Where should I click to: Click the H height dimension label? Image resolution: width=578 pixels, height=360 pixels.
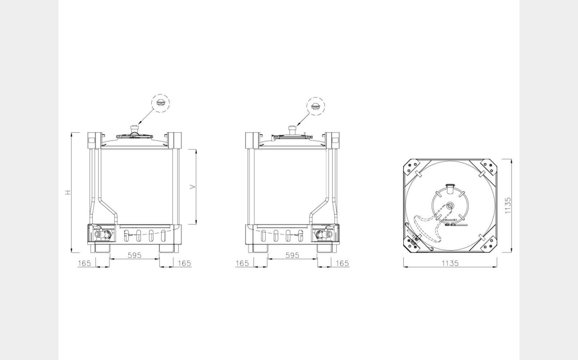pos(68,192)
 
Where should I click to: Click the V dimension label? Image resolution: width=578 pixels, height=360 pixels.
pos(193,187)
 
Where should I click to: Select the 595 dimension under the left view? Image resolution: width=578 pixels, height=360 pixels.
pos(135,255)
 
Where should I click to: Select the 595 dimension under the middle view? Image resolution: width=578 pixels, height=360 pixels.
pos(292,255)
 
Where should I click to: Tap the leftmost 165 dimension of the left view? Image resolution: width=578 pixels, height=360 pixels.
pos(84,263)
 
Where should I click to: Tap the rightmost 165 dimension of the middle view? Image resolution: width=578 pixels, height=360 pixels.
pos(342,263)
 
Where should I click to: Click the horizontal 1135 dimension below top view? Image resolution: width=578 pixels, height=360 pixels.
pos(450,263)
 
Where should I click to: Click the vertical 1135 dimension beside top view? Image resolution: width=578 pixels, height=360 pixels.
pos(508,206)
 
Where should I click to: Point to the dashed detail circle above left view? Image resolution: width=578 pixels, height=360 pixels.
pos(160,103)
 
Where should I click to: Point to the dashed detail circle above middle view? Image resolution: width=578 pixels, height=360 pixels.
pos(316,106)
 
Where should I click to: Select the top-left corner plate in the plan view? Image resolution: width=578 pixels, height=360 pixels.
pos(413,168)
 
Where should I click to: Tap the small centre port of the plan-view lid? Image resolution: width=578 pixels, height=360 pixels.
pos(450,206)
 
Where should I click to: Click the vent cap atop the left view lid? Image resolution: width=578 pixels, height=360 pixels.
pos(135,129)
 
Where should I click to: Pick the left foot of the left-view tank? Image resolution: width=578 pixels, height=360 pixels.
pos(103,249)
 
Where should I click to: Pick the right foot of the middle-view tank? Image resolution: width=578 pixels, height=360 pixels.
pos(325,249)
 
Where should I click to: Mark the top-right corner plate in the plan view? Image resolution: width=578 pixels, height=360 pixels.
pos(488,168)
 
